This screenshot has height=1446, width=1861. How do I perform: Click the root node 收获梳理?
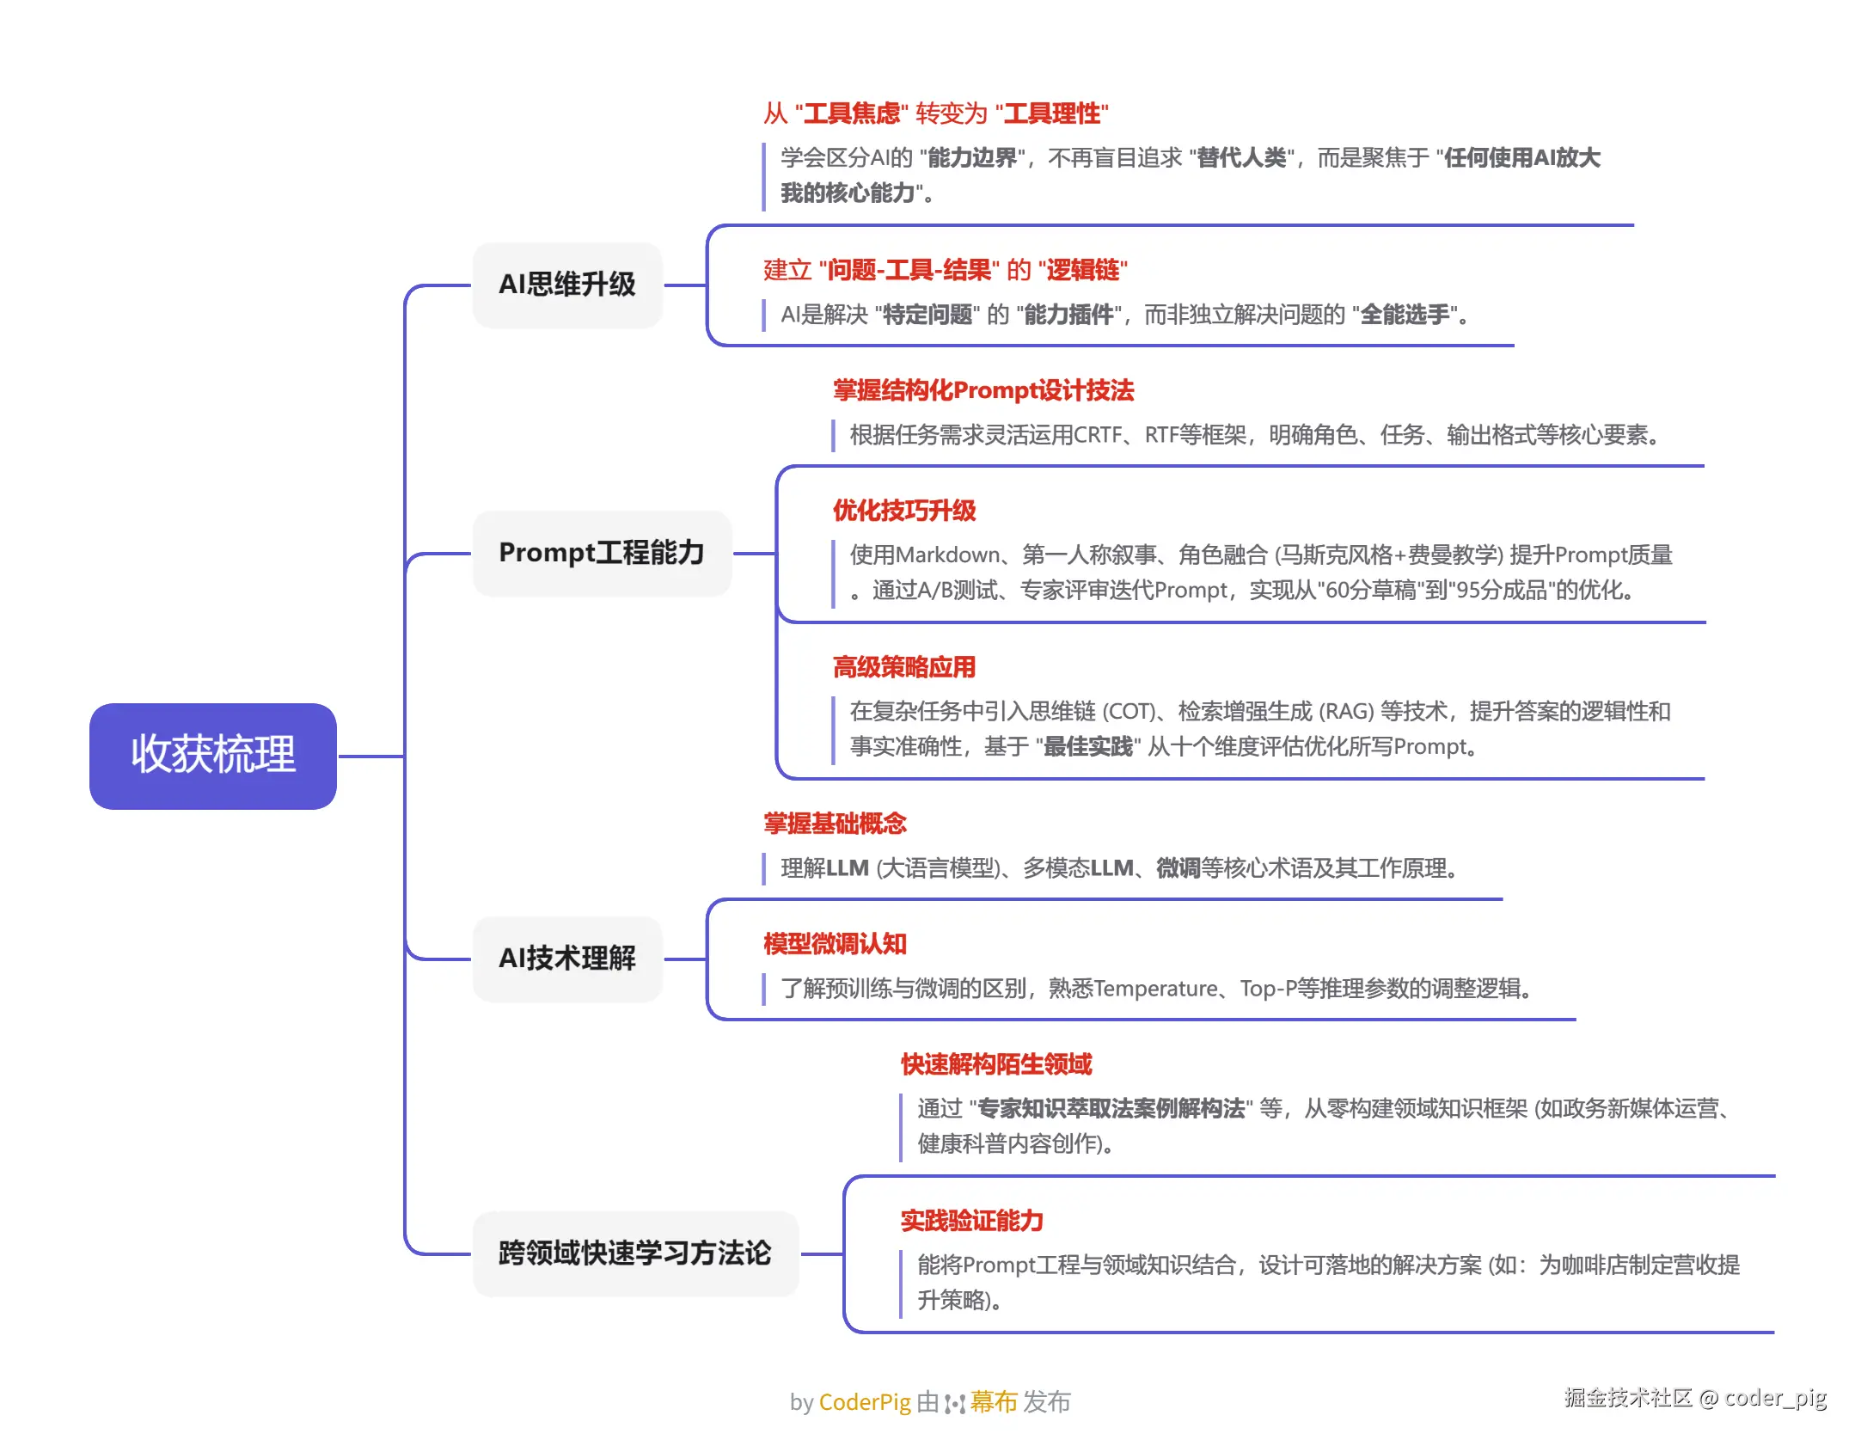[212, 755]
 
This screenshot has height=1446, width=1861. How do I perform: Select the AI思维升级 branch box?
[567, 285]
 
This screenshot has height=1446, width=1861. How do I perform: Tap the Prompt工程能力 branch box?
[602, 553]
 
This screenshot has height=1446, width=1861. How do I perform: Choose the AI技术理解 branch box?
[567, 959]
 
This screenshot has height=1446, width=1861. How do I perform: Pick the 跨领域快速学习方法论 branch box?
[635, 1253]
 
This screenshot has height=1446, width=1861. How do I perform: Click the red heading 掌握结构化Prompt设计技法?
[983, 391]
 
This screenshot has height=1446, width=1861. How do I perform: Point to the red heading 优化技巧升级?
[904, 511]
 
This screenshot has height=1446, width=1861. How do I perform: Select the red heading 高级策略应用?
[904, 667]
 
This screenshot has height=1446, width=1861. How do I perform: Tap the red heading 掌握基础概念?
[835, 824]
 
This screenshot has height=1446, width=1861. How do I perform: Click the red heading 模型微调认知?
[835, 944]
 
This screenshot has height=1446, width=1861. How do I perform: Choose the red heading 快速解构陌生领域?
[996, 1064]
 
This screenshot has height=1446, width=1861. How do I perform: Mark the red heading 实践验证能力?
[972, 1221]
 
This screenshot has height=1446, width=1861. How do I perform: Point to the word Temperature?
[1156, 990]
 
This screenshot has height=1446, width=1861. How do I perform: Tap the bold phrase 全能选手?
[1405, 316]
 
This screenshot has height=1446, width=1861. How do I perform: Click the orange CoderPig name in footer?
[864, 1402]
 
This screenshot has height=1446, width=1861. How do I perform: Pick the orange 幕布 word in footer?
[994, 1402]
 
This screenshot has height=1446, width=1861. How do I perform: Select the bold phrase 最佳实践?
[1087, 747]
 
